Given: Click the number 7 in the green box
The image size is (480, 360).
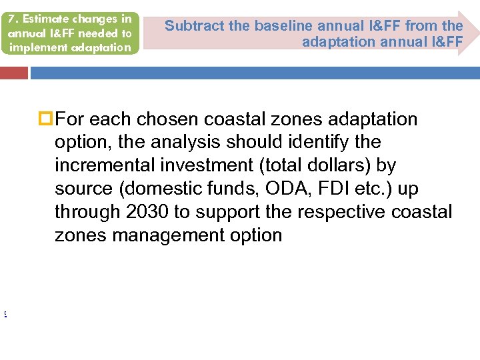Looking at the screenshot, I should pyautogui.click(x=11, y=19).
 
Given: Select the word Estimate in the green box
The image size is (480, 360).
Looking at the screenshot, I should pyautogui.click(x=39, y=19).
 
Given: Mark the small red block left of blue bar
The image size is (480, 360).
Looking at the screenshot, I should pyautogui.click(x=13, y=73).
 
